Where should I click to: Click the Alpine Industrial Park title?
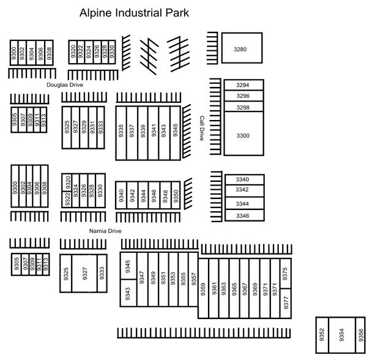point(134,13)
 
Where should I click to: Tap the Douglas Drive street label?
point(65,84)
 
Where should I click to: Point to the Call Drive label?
point(202,129)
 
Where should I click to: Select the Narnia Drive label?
point(105,231)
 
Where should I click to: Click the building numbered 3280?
point(242,48)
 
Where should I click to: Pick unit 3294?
point(244,85)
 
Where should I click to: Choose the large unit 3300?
point(244,133)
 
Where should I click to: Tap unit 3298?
point(244,107)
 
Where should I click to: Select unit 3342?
point(245,191)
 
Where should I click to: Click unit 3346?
point(245,215)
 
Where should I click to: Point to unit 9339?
point(143,133)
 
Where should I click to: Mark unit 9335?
point(121,133)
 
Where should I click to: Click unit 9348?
point(166,195)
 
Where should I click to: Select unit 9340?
point(121,195)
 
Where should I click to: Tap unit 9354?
point(342,335)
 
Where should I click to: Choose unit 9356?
point(360,335)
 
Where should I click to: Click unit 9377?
point(286,303)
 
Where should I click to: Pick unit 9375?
point(286,274)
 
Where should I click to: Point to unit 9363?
point(224,288)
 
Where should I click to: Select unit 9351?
point(163,279)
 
